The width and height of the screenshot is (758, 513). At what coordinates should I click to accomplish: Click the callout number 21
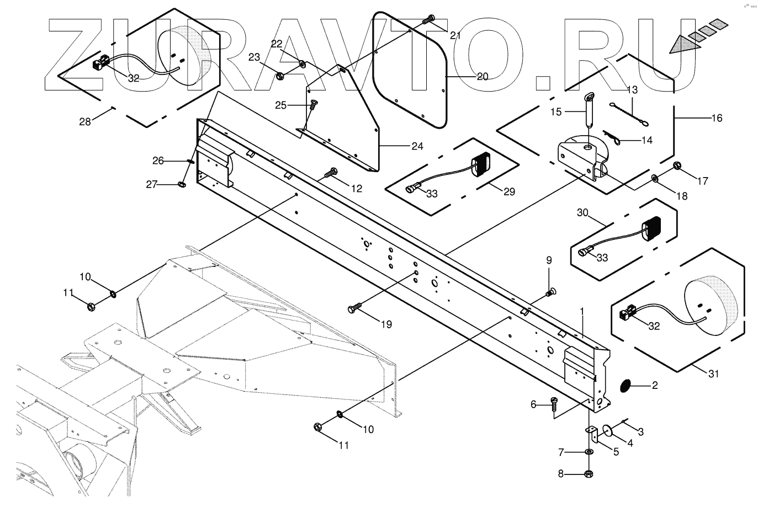click(455, 36)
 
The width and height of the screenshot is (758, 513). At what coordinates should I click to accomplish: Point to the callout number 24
click(417, 146)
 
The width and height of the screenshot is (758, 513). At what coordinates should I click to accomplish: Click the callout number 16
click(717, 118)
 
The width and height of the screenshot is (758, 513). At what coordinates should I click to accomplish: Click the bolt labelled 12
click(332, 173)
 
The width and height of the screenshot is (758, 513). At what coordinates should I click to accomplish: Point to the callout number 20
click(482, 77)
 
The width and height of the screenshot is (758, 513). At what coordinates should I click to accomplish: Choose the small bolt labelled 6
click(553, 404)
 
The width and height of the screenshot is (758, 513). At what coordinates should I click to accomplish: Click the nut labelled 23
click(279, 74)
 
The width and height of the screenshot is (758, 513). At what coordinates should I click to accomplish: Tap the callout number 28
click(85, 121)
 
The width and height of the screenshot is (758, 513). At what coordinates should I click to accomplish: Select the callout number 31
click(714, 374)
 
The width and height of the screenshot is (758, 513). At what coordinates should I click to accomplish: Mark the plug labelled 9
click(550, 292)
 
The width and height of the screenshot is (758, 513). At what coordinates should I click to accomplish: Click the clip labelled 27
click(182, 183)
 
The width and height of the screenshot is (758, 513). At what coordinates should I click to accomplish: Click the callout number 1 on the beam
click(581, 312)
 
